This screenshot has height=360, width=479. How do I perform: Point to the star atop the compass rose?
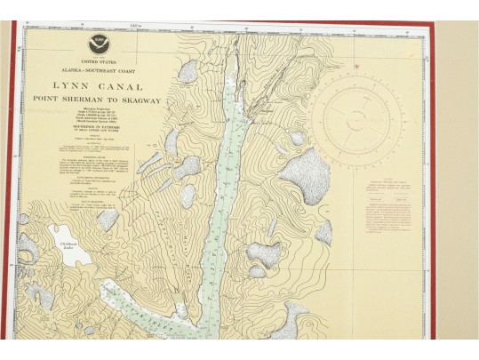coord(357,67)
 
